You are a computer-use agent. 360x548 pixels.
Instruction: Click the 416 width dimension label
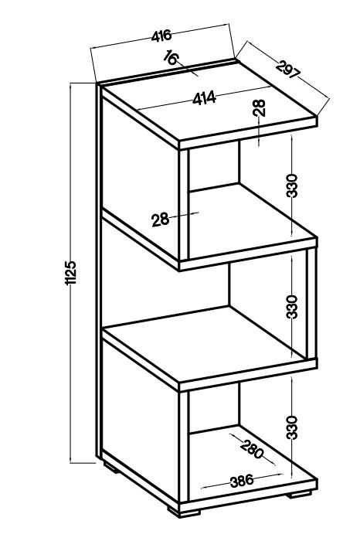click(161, 36)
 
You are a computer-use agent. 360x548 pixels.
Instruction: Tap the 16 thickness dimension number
click(171, 57)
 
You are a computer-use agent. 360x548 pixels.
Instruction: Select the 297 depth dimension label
click(287, 70)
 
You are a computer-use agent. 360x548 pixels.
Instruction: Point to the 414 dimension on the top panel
click(204, 99)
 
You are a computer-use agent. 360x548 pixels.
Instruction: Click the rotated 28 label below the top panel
click(260, 107)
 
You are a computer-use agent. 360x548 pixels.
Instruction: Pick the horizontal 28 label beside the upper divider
click(160, 220)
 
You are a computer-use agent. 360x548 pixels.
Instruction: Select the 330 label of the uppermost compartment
click(292, 186)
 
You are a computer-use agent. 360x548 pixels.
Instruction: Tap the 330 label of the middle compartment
click(292, 307)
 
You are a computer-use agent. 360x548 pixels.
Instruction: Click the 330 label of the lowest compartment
click(292, 427)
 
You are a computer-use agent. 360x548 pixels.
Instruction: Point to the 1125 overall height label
click(71, 273)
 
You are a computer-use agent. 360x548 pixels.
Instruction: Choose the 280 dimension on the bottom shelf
click(252, 448)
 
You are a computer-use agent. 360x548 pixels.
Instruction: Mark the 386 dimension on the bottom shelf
click(242, 481)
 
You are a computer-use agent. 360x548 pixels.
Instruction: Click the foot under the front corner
click(184, 512)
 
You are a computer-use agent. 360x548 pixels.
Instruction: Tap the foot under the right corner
click(299, 494)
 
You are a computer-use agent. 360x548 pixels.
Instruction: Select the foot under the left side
click(111, 468)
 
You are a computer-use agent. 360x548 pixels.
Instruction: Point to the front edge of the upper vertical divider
click(184, 205)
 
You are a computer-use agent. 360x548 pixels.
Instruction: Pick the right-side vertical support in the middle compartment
click(311, 304)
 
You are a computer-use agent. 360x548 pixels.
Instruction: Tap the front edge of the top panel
click(248, 134)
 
